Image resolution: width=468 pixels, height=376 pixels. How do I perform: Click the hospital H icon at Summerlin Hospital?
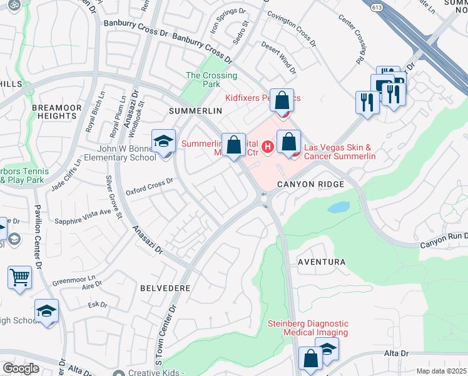pos(268,147)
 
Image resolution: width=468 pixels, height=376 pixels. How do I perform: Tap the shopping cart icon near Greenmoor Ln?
pos(20,276)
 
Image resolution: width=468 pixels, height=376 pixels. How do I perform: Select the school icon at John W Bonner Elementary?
pos(163,141)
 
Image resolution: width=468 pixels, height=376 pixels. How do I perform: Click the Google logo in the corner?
pos(21,368)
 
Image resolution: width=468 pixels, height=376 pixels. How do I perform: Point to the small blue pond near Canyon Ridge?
pos(338,207)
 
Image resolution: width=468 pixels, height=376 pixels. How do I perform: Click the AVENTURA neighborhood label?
pos(322,261)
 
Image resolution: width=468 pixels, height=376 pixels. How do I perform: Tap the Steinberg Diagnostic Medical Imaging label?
pos(307,328)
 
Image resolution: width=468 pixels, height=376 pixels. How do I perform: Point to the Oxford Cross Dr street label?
pos(150,187)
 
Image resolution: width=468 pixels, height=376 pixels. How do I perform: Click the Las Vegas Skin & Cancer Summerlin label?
pos(339,152)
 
